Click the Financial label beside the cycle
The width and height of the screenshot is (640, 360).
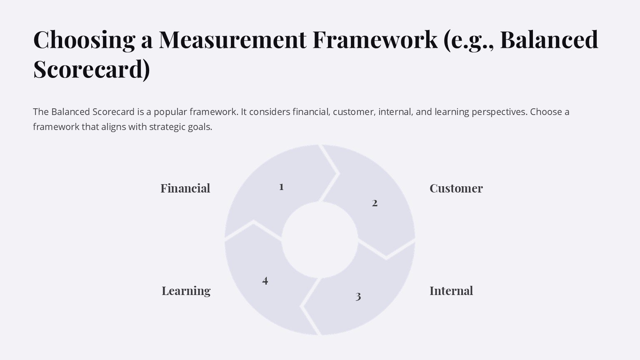point(185,188)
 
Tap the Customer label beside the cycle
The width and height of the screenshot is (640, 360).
point(456,188)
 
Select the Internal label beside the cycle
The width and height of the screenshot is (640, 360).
point(451,291)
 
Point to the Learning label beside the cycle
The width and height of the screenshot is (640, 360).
point(186,291)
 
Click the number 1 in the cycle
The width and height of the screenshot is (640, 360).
point(281,187)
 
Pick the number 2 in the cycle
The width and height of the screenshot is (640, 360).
point(375,203)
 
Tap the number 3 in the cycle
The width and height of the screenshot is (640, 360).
point(358,297)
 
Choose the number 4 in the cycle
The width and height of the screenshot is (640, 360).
point(265,281)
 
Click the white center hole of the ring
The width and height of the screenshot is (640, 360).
point(320,240)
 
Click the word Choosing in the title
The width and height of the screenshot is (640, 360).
point(84,40)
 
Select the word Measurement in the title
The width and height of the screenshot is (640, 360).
point(232,40)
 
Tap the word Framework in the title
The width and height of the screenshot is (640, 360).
point(375,40)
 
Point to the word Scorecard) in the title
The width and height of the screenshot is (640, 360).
point(91,69)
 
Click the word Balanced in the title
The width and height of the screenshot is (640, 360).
point(549,40)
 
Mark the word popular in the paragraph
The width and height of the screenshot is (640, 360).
point(170,112)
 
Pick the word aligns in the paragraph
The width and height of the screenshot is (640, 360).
point(113,127)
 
